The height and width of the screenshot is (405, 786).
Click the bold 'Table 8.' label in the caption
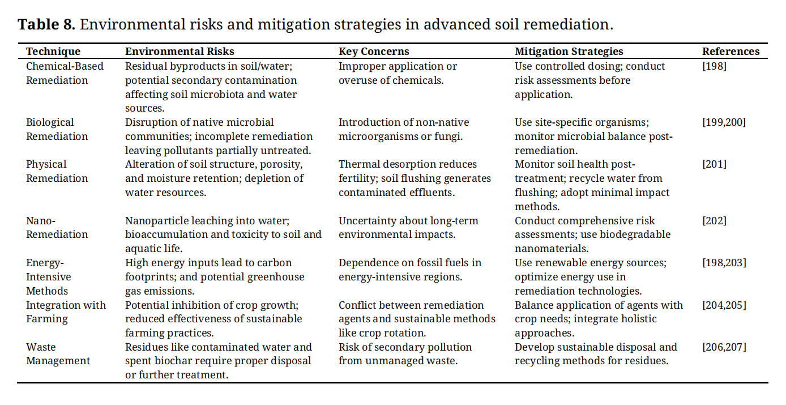[46, 24]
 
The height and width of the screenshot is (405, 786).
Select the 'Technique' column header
[53, 52]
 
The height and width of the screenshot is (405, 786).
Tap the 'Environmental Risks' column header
[180, 52]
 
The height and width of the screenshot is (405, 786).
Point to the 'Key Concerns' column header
[374, 52]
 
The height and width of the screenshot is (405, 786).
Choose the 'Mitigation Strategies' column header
[569, 52]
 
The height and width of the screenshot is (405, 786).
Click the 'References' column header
[731, 52]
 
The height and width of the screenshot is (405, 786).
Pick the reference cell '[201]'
[714, 164]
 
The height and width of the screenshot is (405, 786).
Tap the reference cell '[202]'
[714, 220]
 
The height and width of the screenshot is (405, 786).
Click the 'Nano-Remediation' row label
[57, 227]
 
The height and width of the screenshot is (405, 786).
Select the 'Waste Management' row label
[58, 354]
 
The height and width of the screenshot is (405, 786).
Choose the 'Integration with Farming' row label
[66, 312]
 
